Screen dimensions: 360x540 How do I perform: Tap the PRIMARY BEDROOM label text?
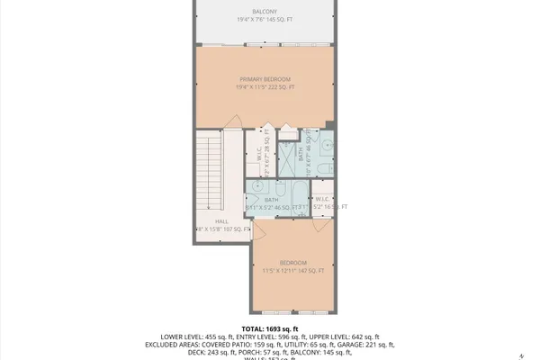(x=265, y=79)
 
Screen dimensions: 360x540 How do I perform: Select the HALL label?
(x=221, y=220)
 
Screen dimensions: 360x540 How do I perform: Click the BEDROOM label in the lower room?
(x=292, y=262)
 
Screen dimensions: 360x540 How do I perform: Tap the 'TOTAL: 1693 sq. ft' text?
(x=270, y=328)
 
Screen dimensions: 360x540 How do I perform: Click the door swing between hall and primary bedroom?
(x=233, y=123)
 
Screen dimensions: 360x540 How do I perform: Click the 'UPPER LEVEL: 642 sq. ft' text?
(x=346, y=337)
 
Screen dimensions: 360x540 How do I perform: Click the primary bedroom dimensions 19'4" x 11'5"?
(x=265, y=87)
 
